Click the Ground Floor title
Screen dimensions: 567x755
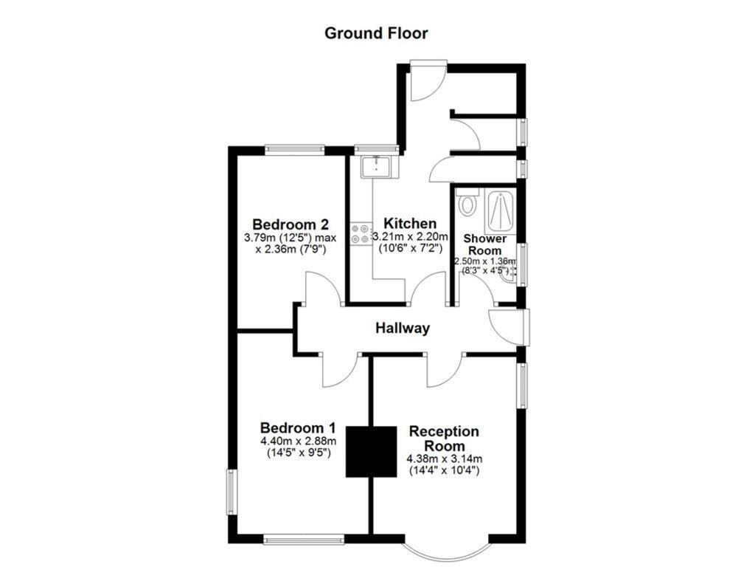click(x=377, y=33)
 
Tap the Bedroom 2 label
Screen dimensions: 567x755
click(x=290, y=224)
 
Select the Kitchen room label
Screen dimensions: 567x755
click(x=411, y=224)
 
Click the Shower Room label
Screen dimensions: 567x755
click(x=484, y=244)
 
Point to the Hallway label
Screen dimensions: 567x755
click(x=402, y=329)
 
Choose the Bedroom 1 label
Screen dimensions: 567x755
click(x=299, y=428)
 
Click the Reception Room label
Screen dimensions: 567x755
click(x=444, y=439)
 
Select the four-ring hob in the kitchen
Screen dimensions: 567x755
click(x=362, y=234)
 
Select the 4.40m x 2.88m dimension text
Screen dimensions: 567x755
click(x=299, y=441)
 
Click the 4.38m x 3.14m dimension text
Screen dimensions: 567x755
click(x=444, y=459)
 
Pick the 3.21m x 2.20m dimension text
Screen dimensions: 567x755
click(x=411, y=237)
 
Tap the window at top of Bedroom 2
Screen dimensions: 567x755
click(x=295, y=150)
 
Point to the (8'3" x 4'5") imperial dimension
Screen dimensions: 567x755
click(x=484, y=271)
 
